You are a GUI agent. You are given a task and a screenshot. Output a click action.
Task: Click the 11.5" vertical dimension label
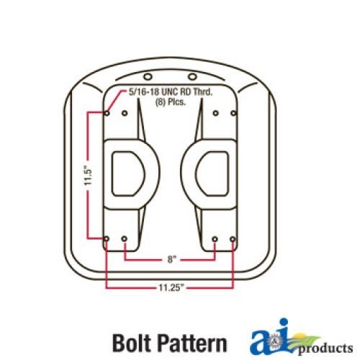[89, 175]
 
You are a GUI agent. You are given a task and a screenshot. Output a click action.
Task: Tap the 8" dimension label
[171, 259]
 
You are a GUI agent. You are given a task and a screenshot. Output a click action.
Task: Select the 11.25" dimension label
[171, 287]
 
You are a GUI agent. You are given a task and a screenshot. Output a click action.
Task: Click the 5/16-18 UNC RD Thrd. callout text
[171, 92]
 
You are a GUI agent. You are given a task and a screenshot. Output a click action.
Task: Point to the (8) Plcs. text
[171, 102]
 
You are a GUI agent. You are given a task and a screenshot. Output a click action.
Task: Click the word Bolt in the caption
[133, 343]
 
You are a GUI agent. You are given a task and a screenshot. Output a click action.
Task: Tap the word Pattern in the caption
[193, 343]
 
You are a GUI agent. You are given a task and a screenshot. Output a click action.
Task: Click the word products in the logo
[325, 348]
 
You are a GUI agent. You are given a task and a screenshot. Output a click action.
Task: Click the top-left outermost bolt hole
[107, 113]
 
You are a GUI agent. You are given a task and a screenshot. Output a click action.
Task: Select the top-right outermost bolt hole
[233, 113]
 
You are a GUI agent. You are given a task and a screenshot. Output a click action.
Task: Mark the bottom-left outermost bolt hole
[107, 239]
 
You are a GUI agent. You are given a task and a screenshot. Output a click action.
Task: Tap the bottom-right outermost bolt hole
[233, 239]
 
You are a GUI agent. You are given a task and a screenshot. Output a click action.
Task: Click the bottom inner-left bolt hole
[125, 239]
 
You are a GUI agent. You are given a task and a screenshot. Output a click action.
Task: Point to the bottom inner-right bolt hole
[215, 239]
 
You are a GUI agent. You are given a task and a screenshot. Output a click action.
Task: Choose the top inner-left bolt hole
[125, 113]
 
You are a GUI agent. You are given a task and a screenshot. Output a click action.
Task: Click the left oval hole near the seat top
[148, 77]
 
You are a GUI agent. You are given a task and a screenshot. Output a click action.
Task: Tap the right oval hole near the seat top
[192, 77]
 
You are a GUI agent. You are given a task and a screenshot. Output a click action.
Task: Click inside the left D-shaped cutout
[127, 174]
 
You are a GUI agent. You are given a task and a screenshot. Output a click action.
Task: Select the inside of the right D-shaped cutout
[213, 174]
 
